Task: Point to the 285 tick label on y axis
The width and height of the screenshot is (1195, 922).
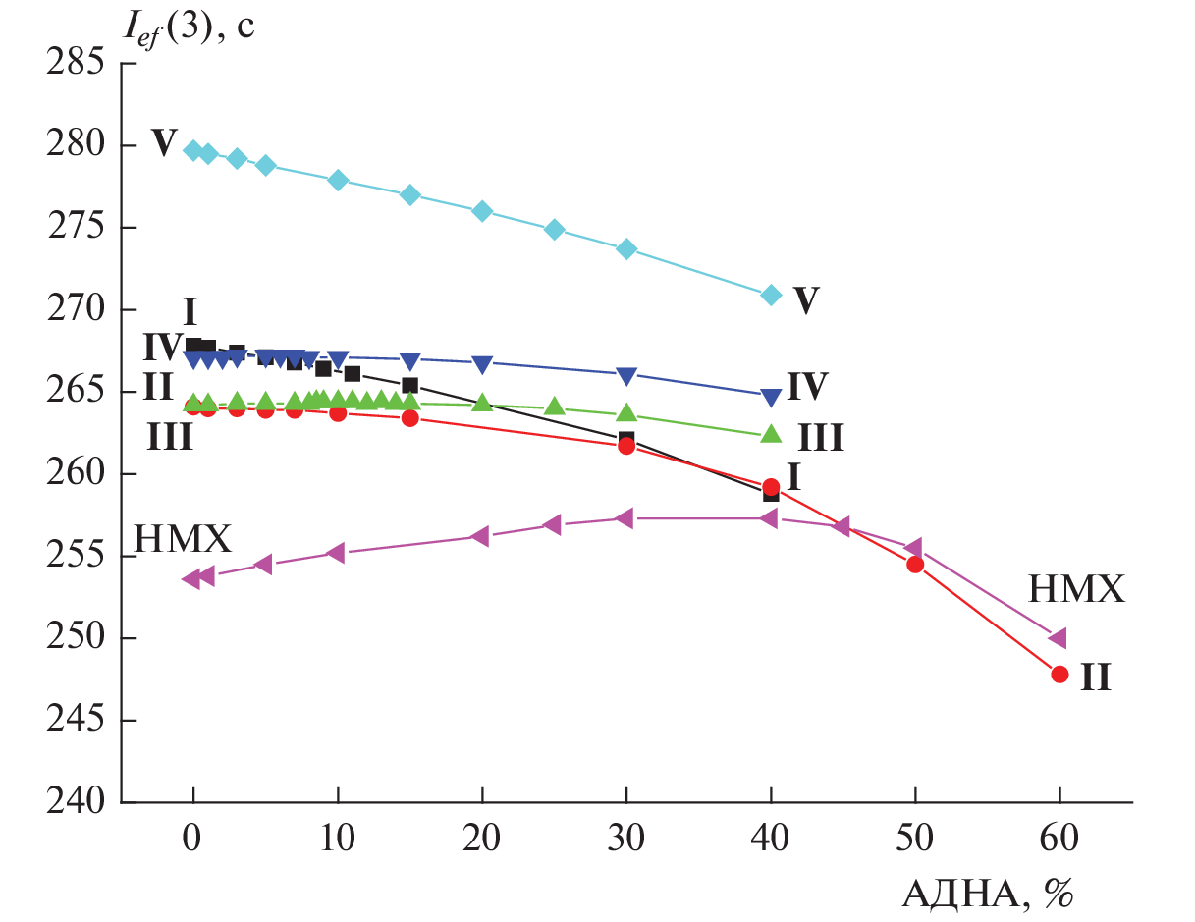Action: [76, 65]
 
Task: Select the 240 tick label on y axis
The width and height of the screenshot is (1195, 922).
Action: [76, 803]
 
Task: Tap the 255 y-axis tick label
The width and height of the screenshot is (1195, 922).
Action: [76, 557]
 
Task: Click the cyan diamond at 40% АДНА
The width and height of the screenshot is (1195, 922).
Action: [771, 295]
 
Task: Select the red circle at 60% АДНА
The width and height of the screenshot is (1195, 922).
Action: [1059, 674]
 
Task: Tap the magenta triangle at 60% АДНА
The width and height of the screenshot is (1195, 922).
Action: [1058, 638]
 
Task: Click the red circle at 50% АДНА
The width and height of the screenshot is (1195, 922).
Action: [915, 564]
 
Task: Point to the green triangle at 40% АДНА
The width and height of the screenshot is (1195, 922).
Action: [771, 433]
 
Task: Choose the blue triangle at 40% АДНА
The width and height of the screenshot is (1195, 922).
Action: [771, 397]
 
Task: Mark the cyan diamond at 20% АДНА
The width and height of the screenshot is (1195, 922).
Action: [482, 211]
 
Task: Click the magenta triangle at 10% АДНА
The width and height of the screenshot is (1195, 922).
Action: [336, 553]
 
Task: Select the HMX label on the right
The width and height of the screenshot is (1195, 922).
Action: [1075, 589]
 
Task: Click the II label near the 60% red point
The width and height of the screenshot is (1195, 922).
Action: [1096, 677]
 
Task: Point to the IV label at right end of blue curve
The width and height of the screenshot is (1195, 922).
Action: [808, 386]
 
